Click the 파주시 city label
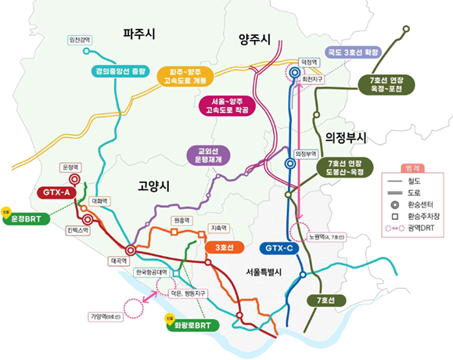(139, 34)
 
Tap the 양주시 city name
(254, 39)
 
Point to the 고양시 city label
(153, 185)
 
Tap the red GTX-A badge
(56, 193)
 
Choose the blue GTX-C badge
(277, 247)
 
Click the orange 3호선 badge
(225, 247)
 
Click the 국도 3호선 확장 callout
(352, 52)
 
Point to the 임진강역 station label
(81, 40)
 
